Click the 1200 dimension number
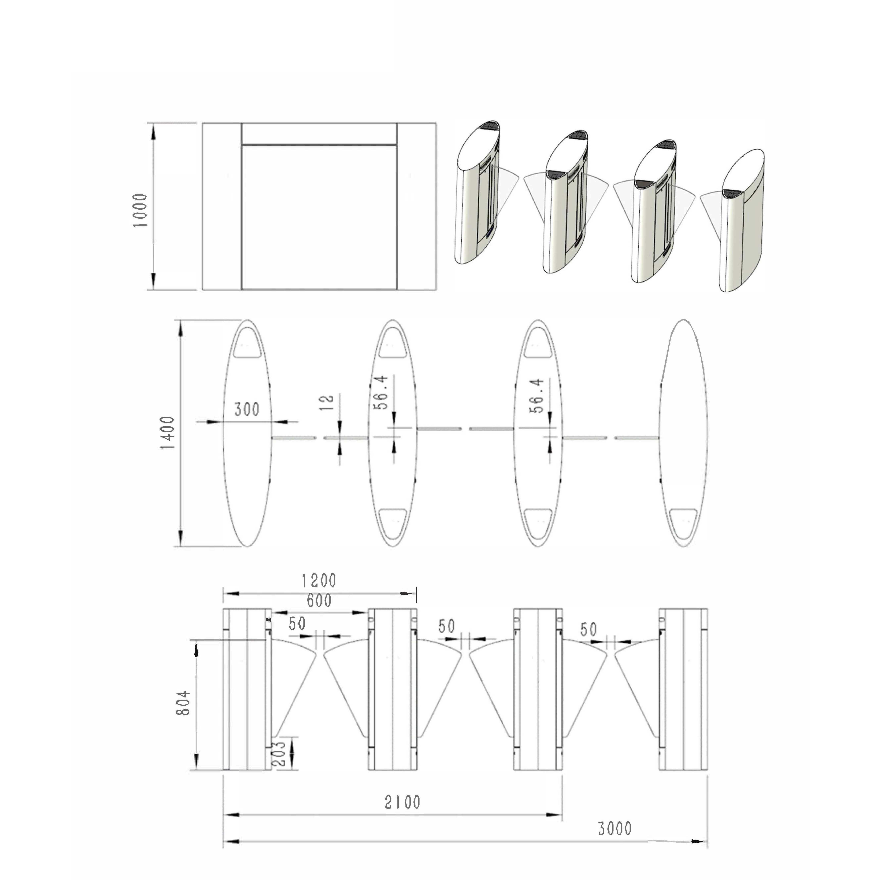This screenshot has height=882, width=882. point(319,581)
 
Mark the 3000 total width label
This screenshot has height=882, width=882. point(615,829)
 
